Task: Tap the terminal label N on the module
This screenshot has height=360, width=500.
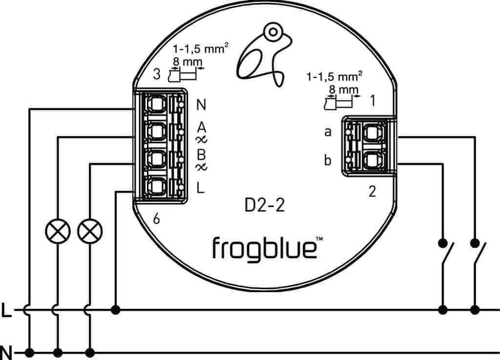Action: (201, 105)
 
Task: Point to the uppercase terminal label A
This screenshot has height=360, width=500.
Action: (201, 128)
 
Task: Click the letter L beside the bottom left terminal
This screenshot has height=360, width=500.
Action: (201, 187)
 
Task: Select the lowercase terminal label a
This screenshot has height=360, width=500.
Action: (328, 132)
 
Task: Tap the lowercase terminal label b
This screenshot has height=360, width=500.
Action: (328, 160)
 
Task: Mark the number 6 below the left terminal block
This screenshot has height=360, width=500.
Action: (156, 220)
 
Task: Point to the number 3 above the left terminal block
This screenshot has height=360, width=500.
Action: (156, 75)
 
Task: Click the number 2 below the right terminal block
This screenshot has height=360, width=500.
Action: (373, 192)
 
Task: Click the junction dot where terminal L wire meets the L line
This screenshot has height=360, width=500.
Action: (116, 310)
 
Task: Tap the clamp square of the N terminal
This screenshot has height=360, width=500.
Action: (156, 104)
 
